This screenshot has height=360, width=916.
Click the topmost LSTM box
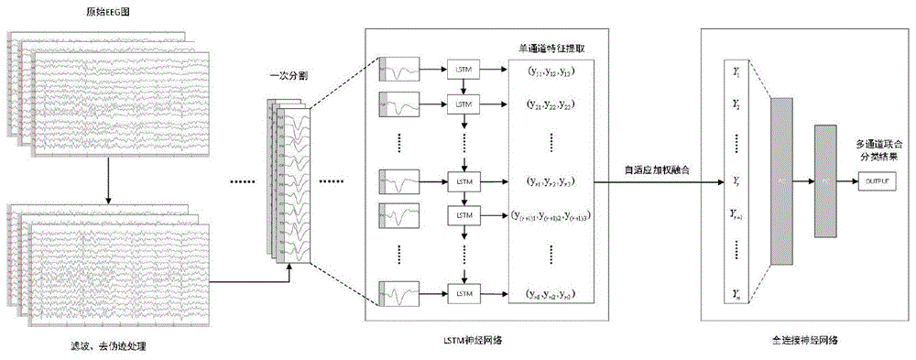coord(463,69)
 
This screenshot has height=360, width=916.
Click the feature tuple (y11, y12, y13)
coord(548,69)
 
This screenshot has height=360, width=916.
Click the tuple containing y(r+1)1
coord(551,216)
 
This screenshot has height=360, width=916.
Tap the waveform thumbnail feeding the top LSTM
coord(400,69)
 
